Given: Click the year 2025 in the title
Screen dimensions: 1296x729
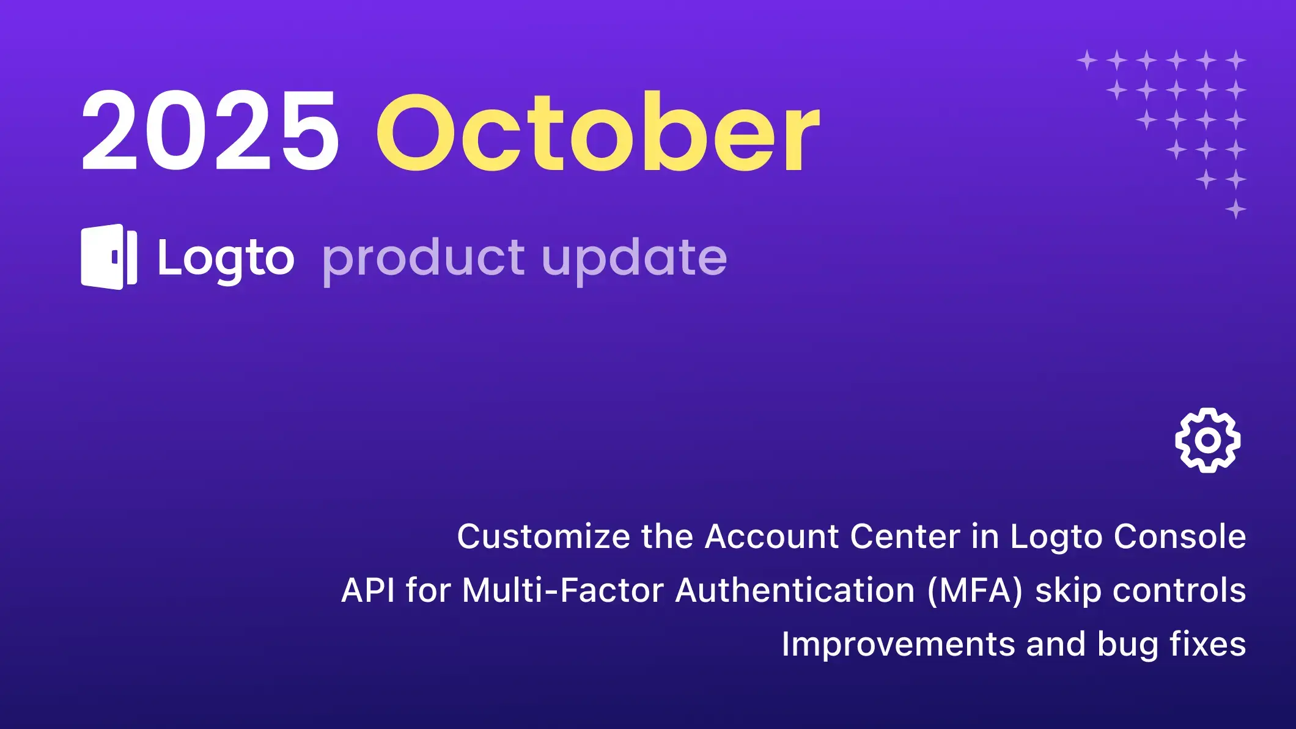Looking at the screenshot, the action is tap(210, 130).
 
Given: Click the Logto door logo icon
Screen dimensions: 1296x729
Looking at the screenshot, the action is tap(109, 257).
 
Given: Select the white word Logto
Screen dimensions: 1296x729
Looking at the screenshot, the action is tap(226, 259).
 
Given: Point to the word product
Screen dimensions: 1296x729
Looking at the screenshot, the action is tap(423, 259).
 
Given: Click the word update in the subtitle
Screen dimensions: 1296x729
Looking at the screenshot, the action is tap(635, 259).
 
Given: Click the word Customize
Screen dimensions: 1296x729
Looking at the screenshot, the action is tap(543, 536).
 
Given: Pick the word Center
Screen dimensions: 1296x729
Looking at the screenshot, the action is tap(905, 536).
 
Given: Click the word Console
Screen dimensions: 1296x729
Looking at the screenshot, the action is tap(1180, 536).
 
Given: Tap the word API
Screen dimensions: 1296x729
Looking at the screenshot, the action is tap(368, 590).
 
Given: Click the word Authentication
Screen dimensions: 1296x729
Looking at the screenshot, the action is tap(795, 591).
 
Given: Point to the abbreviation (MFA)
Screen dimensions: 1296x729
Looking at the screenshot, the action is tap(975, 591).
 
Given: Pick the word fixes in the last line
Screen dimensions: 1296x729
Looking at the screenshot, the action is tap(1208, 644).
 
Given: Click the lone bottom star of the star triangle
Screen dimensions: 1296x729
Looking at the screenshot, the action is tap(1235, 209).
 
